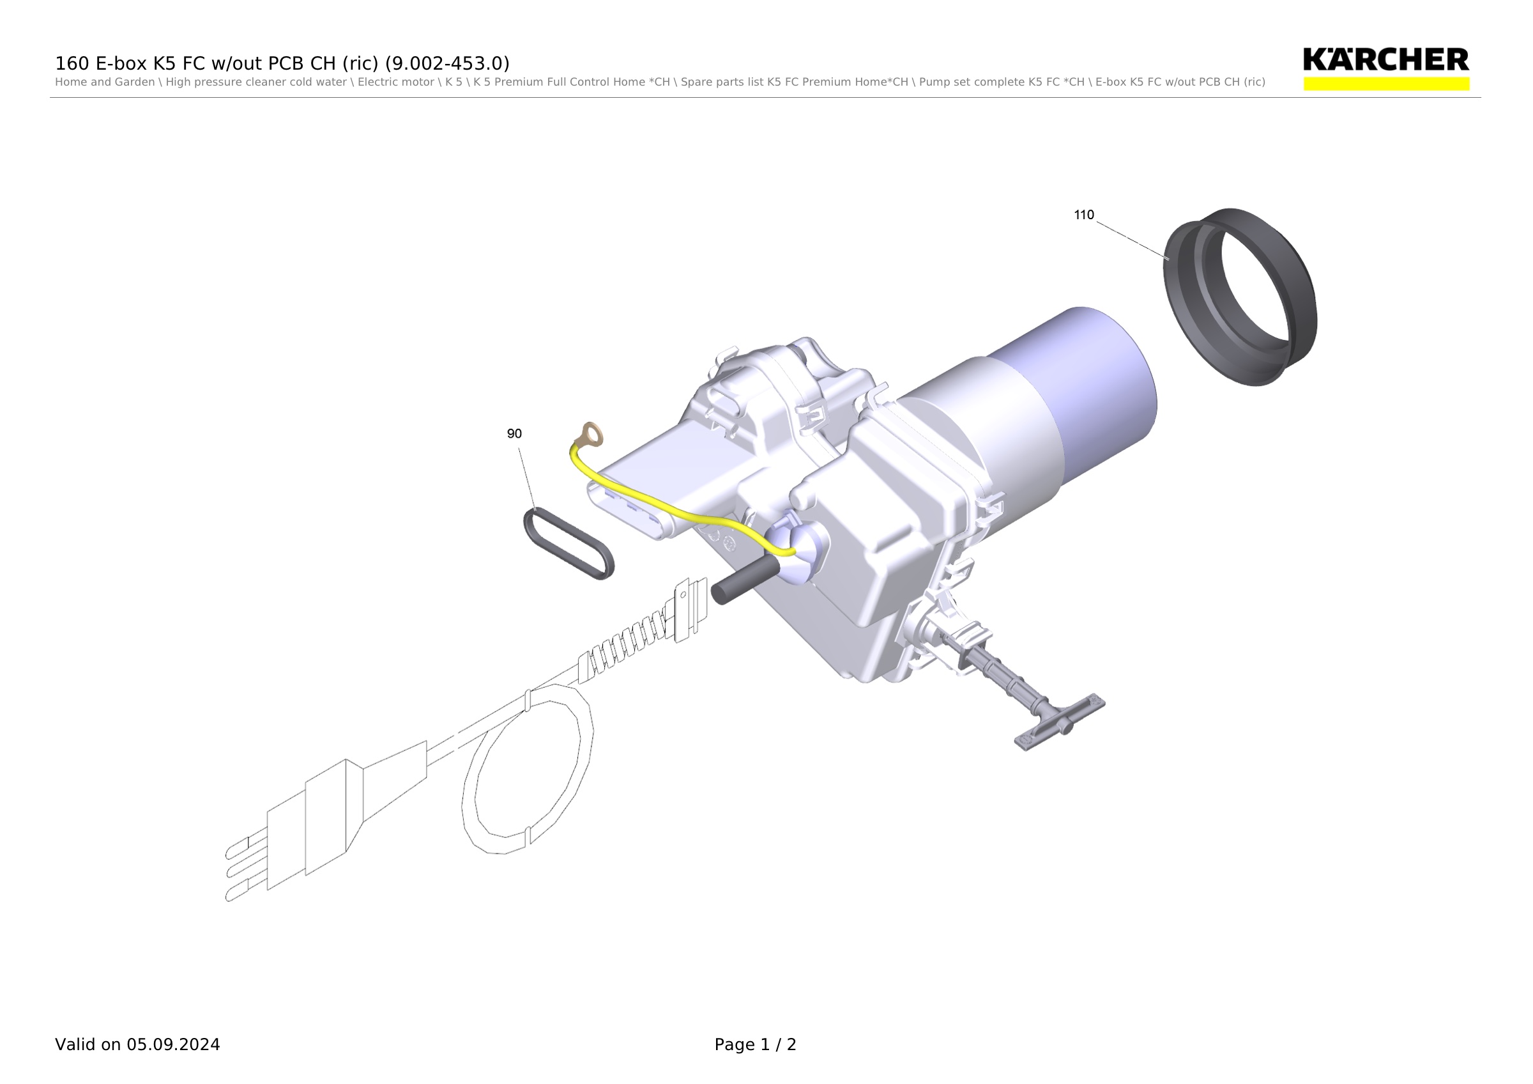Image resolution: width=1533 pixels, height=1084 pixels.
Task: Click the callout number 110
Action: click(1084, 215)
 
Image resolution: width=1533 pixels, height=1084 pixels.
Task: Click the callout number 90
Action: click(514, 434)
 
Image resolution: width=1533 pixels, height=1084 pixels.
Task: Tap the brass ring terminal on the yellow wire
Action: click(592, 435)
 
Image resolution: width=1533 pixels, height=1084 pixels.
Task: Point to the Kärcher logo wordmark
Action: click(1386, 59)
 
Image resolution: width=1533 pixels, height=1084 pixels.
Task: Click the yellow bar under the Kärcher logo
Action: click(1386, 84)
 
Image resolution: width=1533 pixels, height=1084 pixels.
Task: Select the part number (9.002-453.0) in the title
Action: click(447, 63)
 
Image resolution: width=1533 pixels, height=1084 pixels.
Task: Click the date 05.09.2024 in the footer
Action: click(174, 1044)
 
